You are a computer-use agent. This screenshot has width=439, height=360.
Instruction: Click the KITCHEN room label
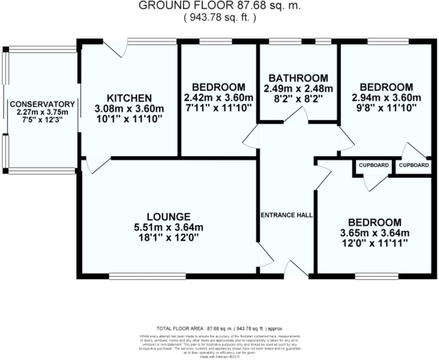[129, 98]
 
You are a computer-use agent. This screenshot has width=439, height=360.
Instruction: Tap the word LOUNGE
[169, 217]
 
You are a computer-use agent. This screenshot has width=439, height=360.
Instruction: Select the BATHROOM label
[298, 78]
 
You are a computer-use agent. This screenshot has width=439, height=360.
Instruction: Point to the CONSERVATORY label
[42, 104]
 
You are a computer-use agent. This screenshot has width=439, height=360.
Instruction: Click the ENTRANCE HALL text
[287, 215]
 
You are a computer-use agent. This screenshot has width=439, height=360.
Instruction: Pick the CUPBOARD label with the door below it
[374, 165]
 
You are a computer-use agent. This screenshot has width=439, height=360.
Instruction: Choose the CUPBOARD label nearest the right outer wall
[414, 165]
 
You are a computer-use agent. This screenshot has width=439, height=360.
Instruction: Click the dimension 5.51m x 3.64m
[169, 227]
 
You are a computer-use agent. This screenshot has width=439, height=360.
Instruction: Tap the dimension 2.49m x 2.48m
[298, 89]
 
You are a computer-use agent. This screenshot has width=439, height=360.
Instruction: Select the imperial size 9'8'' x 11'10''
[386, 108]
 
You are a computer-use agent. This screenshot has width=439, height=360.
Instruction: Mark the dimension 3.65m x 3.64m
[375, 233]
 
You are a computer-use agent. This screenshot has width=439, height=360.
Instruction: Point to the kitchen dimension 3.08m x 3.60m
[129, 108]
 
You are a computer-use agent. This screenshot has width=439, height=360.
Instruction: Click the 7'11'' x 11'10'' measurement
[218, 108]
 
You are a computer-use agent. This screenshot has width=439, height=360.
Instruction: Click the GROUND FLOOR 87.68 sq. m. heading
[220, 5]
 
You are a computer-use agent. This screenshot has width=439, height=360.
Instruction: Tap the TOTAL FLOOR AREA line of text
[220, 329]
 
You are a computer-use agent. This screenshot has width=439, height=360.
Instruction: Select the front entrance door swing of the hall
[296, 268]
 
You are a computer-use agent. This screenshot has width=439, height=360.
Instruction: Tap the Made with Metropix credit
[220, 357]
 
